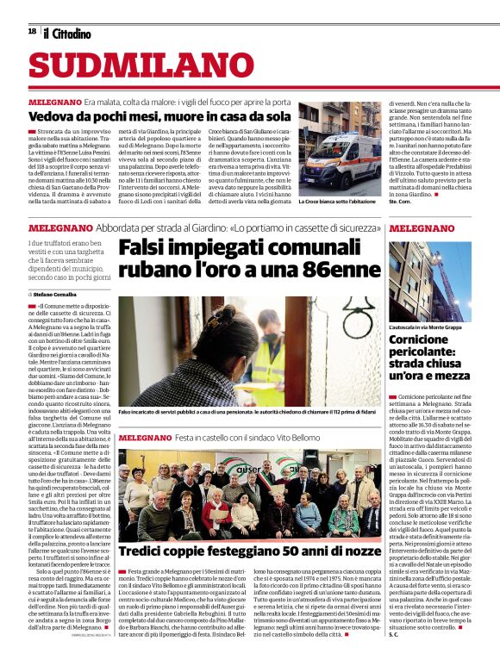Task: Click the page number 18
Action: [31, 31]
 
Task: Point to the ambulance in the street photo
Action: [331, 158]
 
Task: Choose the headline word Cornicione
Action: [419, 339]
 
